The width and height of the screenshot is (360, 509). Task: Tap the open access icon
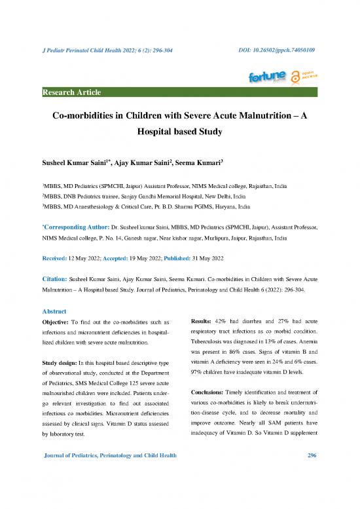click(x=306, y=77)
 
